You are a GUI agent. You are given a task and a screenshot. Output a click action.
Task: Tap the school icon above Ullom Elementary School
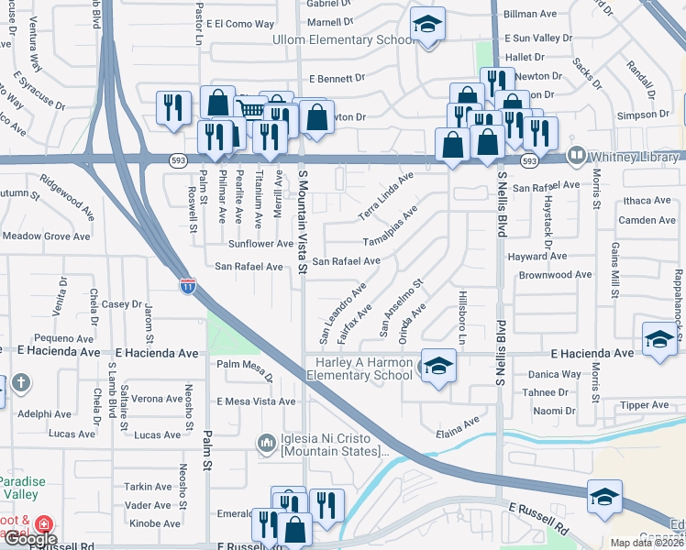426,25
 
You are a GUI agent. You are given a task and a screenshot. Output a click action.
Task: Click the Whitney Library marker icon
577,156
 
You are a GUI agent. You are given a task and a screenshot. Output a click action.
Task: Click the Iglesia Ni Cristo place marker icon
267,444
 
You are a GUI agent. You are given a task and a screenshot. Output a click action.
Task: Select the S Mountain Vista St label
303,220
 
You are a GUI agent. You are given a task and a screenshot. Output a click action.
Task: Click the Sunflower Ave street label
260,244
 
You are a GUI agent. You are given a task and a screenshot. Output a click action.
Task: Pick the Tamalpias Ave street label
391,226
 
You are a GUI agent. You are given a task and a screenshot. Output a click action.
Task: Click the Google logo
31,539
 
